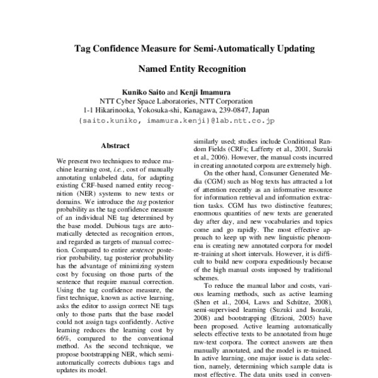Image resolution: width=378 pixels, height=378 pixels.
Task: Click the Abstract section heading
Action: (x=115, y=145)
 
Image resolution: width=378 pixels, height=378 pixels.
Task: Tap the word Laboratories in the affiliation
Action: (x=171, y=100)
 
